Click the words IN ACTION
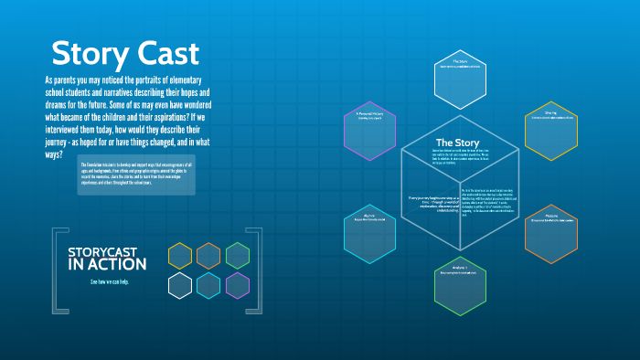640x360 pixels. pyautogui.click(x=107, y=265)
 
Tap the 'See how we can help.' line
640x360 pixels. pyautogui.click(x=111, y=281)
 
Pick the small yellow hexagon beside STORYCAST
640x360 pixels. pyautogui.click(x=180, y=256)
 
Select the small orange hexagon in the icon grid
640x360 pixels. pyautogui.click(x=208, y=256)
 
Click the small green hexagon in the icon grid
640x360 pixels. pyautogui.click(x=238, y=256)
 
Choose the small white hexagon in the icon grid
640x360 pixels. pyautogui.click(x=180, y=286)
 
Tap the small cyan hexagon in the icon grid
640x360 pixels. pyautogui.click(x=208, y=286)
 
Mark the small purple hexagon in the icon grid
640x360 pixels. pyautogui.click(x=238, y=286)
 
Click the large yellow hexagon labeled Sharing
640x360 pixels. pyautogui.click(x=551, y=131)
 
